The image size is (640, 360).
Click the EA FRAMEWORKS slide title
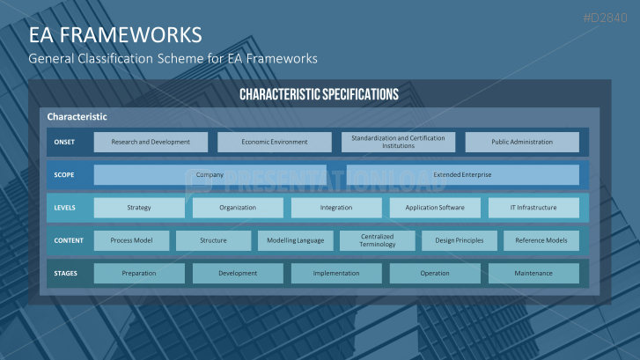click(x=114, y=34)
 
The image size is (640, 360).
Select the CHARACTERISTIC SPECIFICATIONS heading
click(x=319, y=94)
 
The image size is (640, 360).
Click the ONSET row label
click(x=64, y=142)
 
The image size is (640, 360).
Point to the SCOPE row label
click(x=64, y=174)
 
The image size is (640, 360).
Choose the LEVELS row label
click(x=64, y=208)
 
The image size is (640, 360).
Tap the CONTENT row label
click(x=68, y=240)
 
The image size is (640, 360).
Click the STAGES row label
click(x=65, y=273)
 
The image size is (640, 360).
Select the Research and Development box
click(x=151, y=142)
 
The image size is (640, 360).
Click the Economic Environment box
click(x=275, y=142)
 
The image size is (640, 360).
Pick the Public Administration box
click(x=522, y=142)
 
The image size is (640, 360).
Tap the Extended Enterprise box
click(x=462, y=174)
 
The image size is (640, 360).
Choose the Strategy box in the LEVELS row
click(x=139, y=208)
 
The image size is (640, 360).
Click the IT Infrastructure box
click(x=533, y=208)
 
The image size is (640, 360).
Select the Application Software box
click(x=435, y=208)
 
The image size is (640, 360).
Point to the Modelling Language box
click(x=296, y=240)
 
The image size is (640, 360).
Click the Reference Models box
click(x=541, y=240)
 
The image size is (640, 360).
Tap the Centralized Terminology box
click(x=378, y=240)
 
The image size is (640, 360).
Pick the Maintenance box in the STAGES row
click(x=533, y=273)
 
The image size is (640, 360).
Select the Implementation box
click(x=336, y=273)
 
